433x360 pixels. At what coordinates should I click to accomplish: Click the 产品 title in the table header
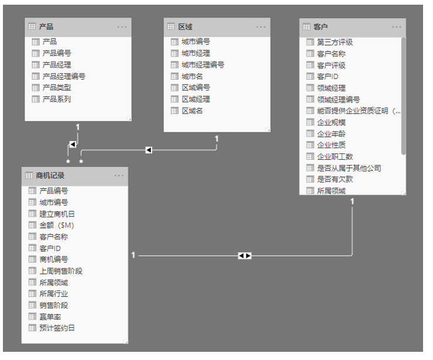[x=46, y=26]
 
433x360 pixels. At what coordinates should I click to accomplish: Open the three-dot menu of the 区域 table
[x=260, y=26]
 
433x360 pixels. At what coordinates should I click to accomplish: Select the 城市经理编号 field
[x=202, y=65]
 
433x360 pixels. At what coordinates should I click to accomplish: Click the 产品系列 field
[x=56, y=100]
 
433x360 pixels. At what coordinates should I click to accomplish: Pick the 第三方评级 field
[x=335, y=42]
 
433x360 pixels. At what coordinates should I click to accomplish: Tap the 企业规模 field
[x=331, y=122]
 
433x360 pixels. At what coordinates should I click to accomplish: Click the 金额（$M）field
[x=57, y=225]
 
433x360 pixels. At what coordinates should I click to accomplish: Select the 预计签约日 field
[x=57, y=328]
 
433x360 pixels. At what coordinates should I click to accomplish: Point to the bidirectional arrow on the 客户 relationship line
[x=245, y=255]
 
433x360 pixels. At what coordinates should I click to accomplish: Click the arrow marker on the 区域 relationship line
[x=148, y=150]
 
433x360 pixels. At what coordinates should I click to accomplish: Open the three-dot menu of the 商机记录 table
[x=119, y=175]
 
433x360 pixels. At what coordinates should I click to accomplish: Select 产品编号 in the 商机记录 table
[x=53, y=191]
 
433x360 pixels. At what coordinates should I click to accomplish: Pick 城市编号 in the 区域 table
[x=195, y=42]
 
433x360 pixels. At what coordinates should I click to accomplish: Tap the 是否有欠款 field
[x=335, y=180]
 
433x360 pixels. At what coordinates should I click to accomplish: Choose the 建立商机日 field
[x=57, y=214]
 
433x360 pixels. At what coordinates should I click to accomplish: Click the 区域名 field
[x=192, y=111]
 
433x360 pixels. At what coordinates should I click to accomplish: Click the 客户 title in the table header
[x=320, y=26]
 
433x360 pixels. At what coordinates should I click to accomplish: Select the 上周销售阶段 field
[x=60, y=271]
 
